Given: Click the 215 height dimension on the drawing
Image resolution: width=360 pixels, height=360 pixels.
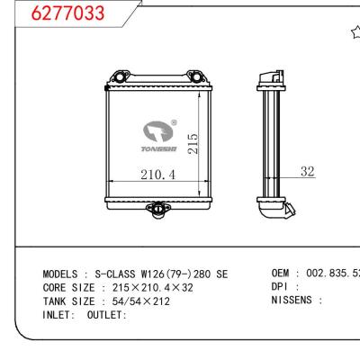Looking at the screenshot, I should click(193, 143).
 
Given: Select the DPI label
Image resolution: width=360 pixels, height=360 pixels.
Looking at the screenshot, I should click(282, 287).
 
